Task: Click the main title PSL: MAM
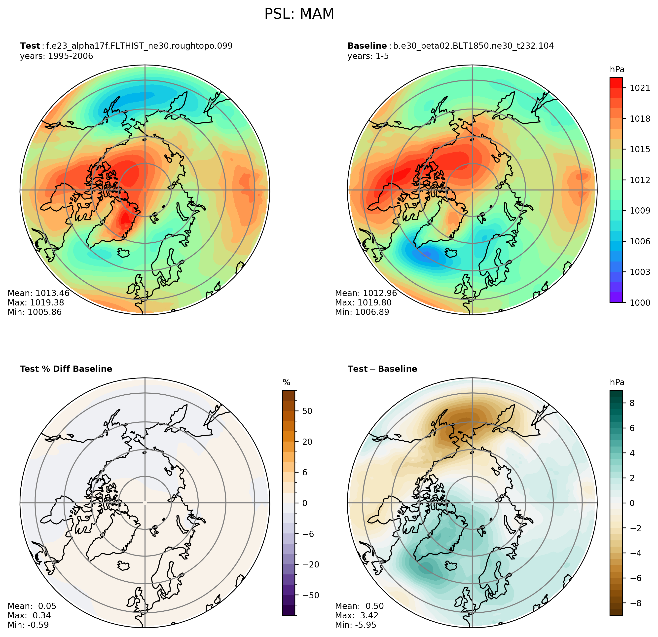(299, 14)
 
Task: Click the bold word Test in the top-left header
(30, 46)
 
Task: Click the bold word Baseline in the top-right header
(367, 46)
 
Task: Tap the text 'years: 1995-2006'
(56, 56)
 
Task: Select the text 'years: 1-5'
(368, 56)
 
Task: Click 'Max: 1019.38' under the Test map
(36, 302)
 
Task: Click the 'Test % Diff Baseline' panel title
(66, 369)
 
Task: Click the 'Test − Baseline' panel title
(382, 369)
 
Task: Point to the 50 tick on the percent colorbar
(307, 411)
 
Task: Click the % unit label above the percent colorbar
(286, 382)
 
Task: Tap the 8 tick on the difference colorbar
(632, 403)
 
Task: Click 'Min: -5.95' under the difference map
(356, 625)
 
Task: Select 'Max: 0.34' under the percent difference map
(29, 615)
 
